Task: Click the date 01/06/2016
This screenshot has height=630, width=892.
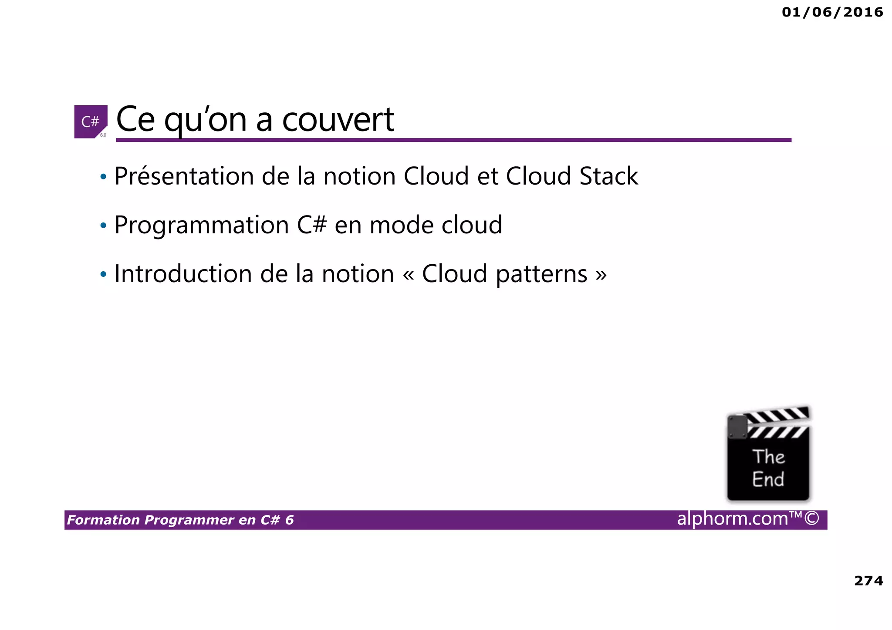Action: click(x=832, y=12)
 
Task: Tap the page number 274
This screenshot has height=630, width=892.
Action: click(x=868, y=580)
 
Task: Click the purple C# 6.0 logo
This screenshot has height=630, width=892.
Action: click(x=91, y=121)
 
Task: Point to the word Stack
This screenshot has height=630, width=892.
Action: click(x=608, y=176)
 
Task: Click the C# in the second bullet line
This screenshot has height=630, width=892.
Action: click(x=312, y=225)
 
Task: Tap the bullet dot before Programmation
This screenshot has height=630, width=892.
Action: click(x=103, y=226)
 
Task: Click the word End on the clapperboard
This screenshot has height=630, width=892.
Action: click(x=768, y=479)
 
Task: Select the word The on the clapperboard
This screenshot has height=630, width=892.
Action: click(x=769, y=457)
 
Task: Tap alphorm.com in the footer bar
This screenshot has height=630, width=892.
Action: click(x=733, y=519)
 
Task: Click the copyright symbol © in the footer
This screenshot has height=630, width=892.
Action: click(x=811, y=519)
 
